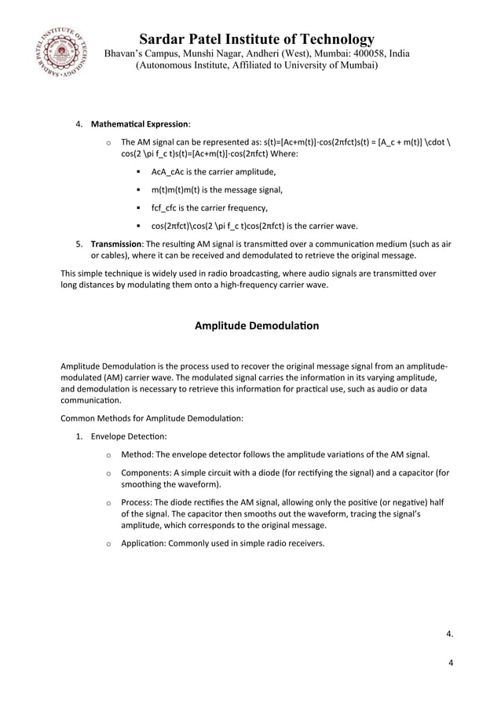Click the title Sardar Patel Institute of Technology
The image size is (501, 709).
pyautogui.click(x=256, y=39)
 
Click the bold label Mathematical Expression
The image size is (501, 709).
pyautogui.click(x=140, y=124)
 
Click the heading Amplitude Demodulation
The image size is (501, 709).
pyautogui.click(x=256, y=325)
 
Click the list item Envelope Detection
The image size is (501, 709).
pyautogui.click(x=129, y=435)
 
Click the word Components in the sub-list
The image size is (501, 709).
pyautogui.click(x=147, y=473)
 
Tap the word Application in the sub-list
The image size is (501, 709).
pyautogui.click(x=144, y=543)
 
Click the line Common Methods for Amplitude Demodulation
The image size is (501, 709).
pyautogui.click(x=152, y=418)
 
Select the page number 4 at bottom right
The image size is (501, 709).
pyautogui.click(x=451, y=663)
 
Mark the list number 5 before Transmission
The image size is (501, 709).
pyautogui.click(x=79, y=244)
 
